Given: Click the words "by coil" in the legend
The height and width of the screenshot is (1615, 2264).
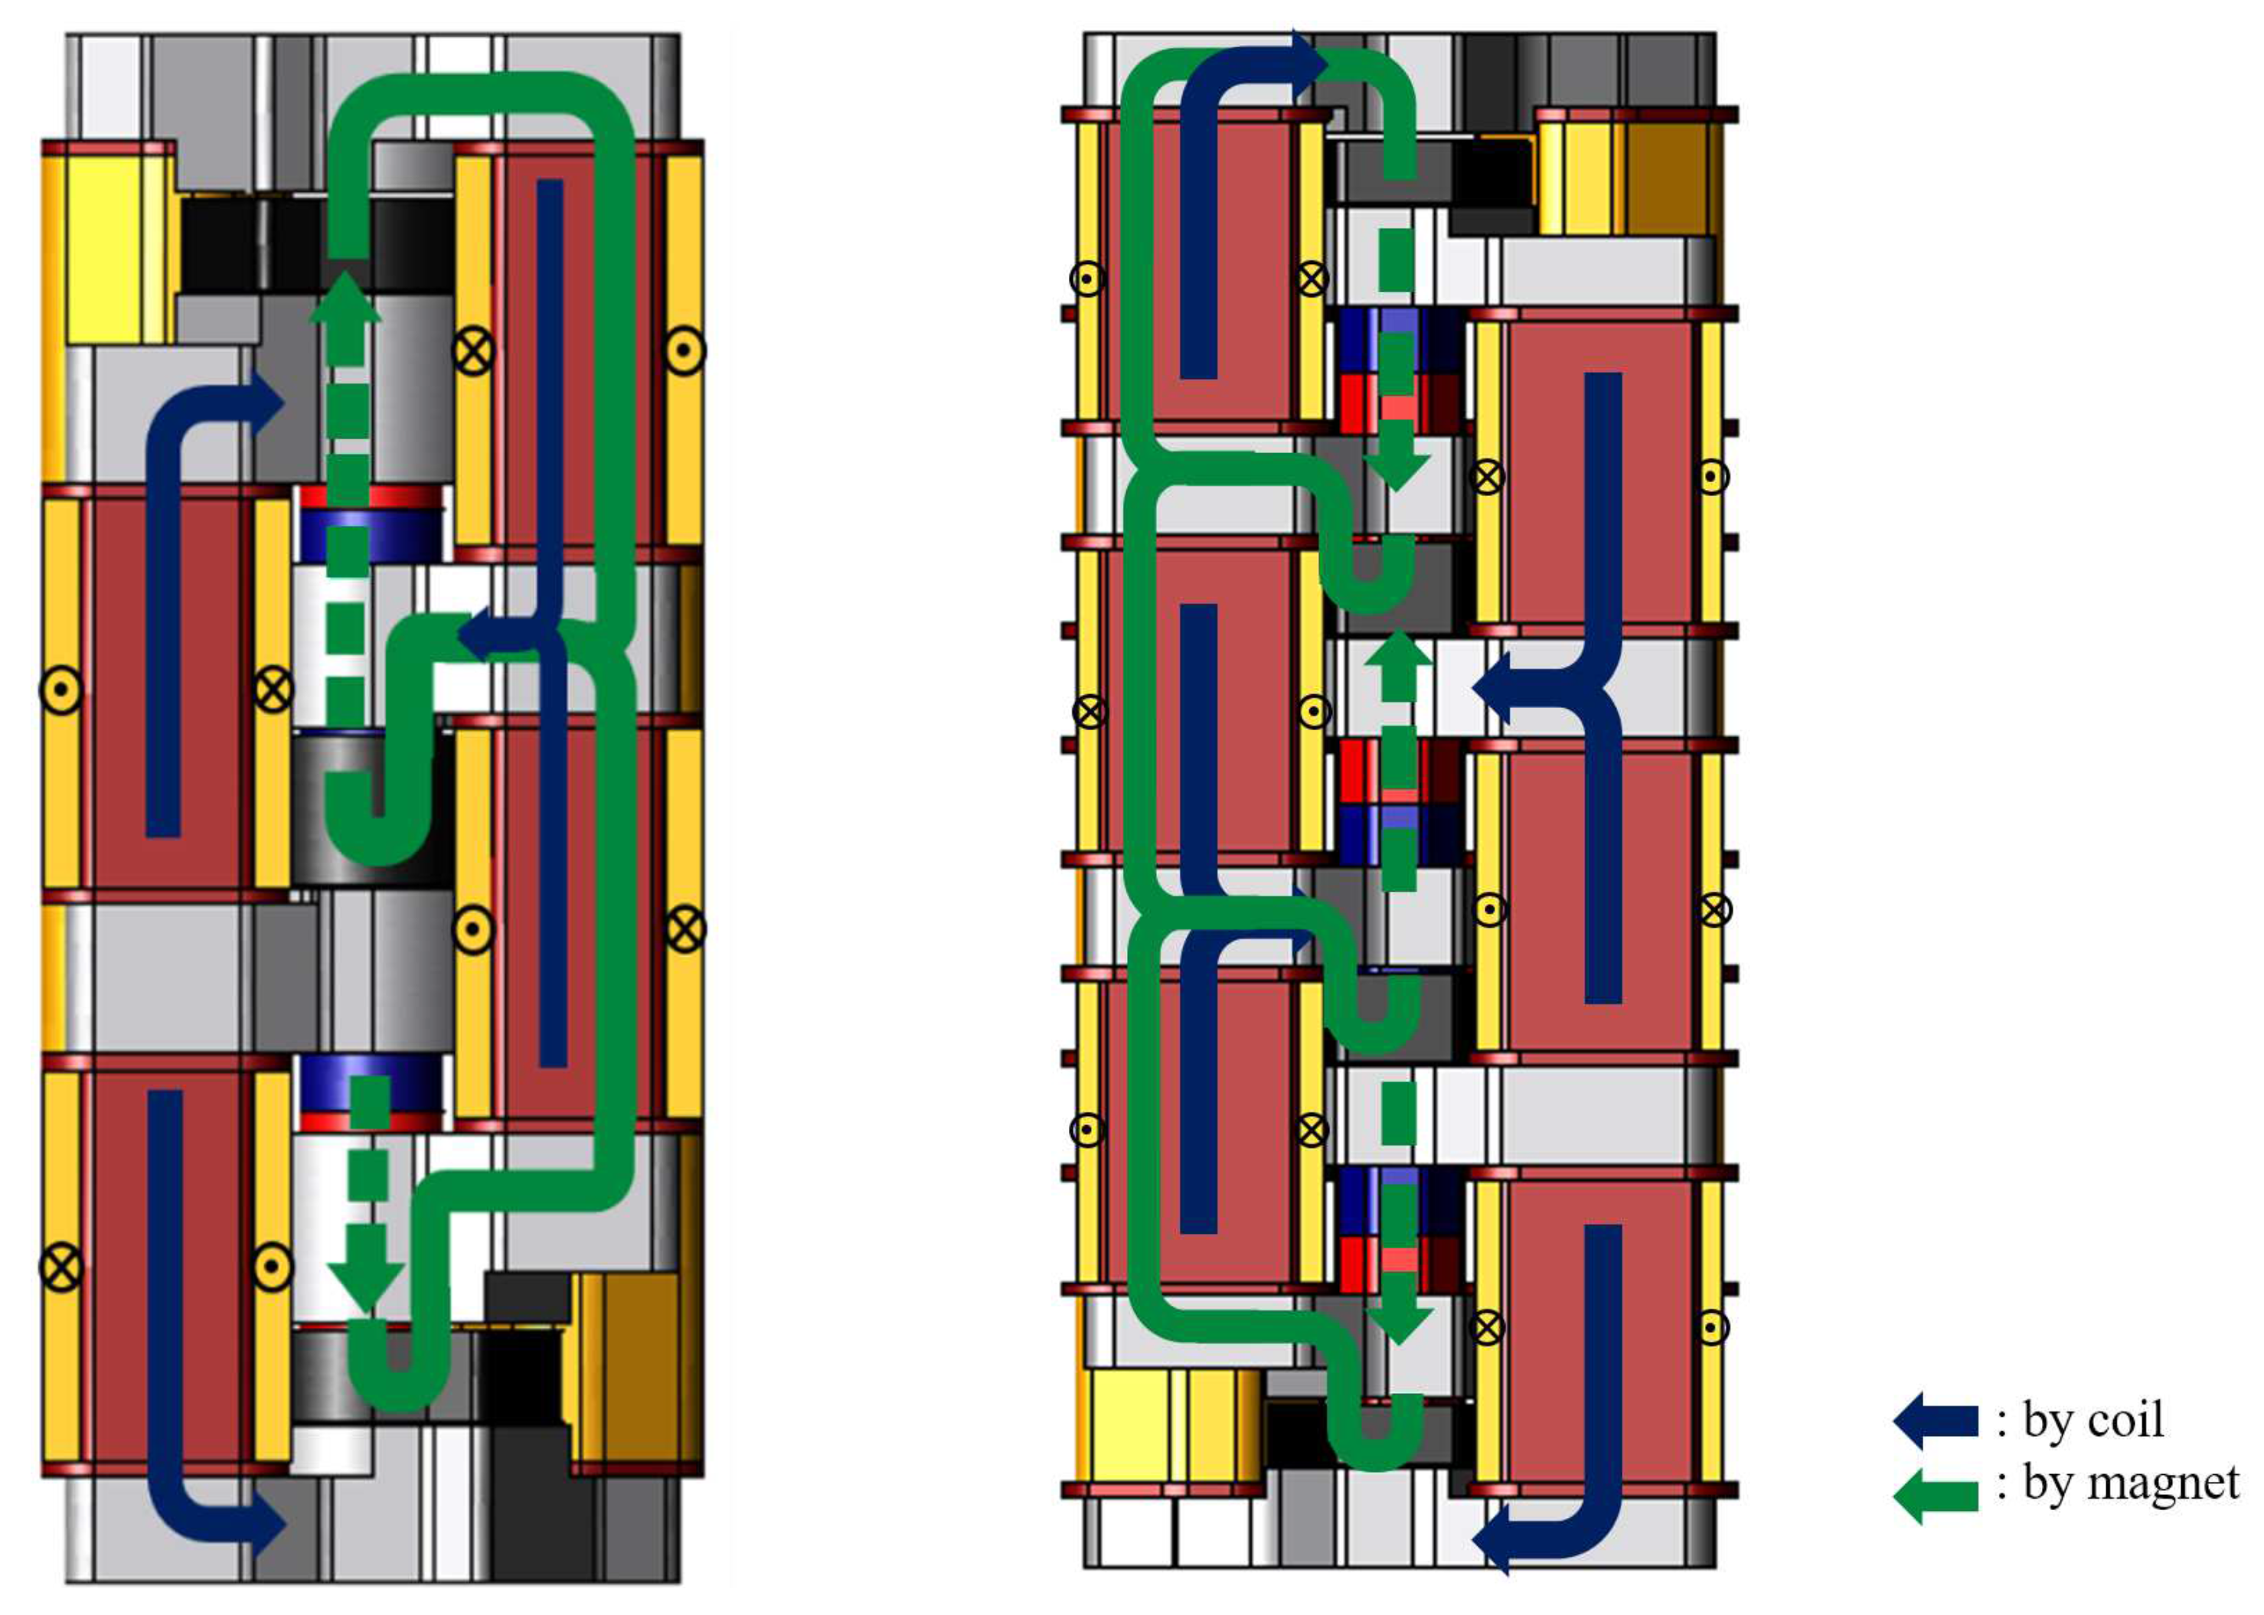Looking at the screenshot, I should pyautogui.click(x=2093, y=1419).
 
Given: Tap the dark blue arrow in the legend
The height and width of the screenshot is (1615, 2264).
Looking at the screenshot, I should pyautogui.click(x=1934, y=1420).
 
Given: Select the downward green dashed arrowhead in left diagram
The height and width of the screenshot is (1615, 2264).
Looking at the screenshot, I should pyautogui.click(x=366, y=1284).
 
